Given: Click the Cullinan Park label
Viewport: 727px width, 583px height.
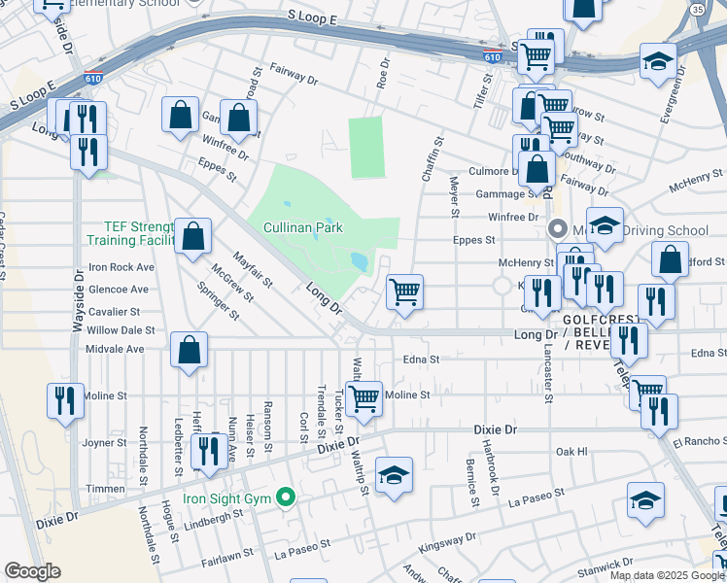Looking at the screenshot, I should coord(303,227).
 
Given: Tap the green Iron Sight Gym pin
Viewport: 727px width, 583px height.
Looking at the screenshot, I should coord(285,497).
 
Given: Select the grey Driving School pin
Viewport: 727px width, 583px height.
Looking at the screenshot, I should coord(558,230).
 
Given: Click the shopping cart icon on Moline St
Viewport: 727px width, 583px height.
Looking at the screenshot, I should coord(363,397).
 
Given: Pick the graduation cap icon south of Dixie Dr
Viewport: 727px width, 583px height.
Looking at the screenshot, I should coord(394,476).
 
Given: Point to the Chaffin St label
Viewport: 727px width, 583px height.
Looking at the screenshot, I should coord(433,158).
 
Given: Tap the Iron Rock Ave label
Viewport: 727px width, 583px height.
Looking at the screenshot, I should coord(121,267).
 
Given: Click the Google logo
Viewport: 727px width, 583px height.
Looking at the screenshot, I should coord(32,571).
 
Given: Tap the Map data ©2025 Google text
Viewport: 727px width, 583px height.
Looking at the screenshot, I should coord(666,575).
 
